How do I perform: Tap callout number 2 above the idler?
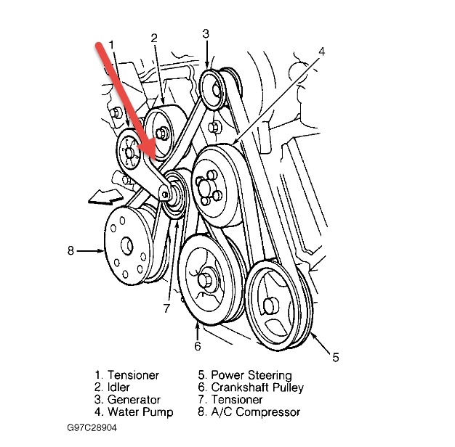pos(155,38)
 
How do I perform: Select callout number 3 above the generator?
pos(206,33)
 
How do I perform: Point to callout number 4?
pos(321,52)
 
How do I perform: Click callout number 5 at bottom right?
pos(335,356)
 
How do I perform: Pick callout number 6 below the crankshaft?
pos(196,346)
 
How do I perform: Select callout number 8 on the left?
pos(71,250)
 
